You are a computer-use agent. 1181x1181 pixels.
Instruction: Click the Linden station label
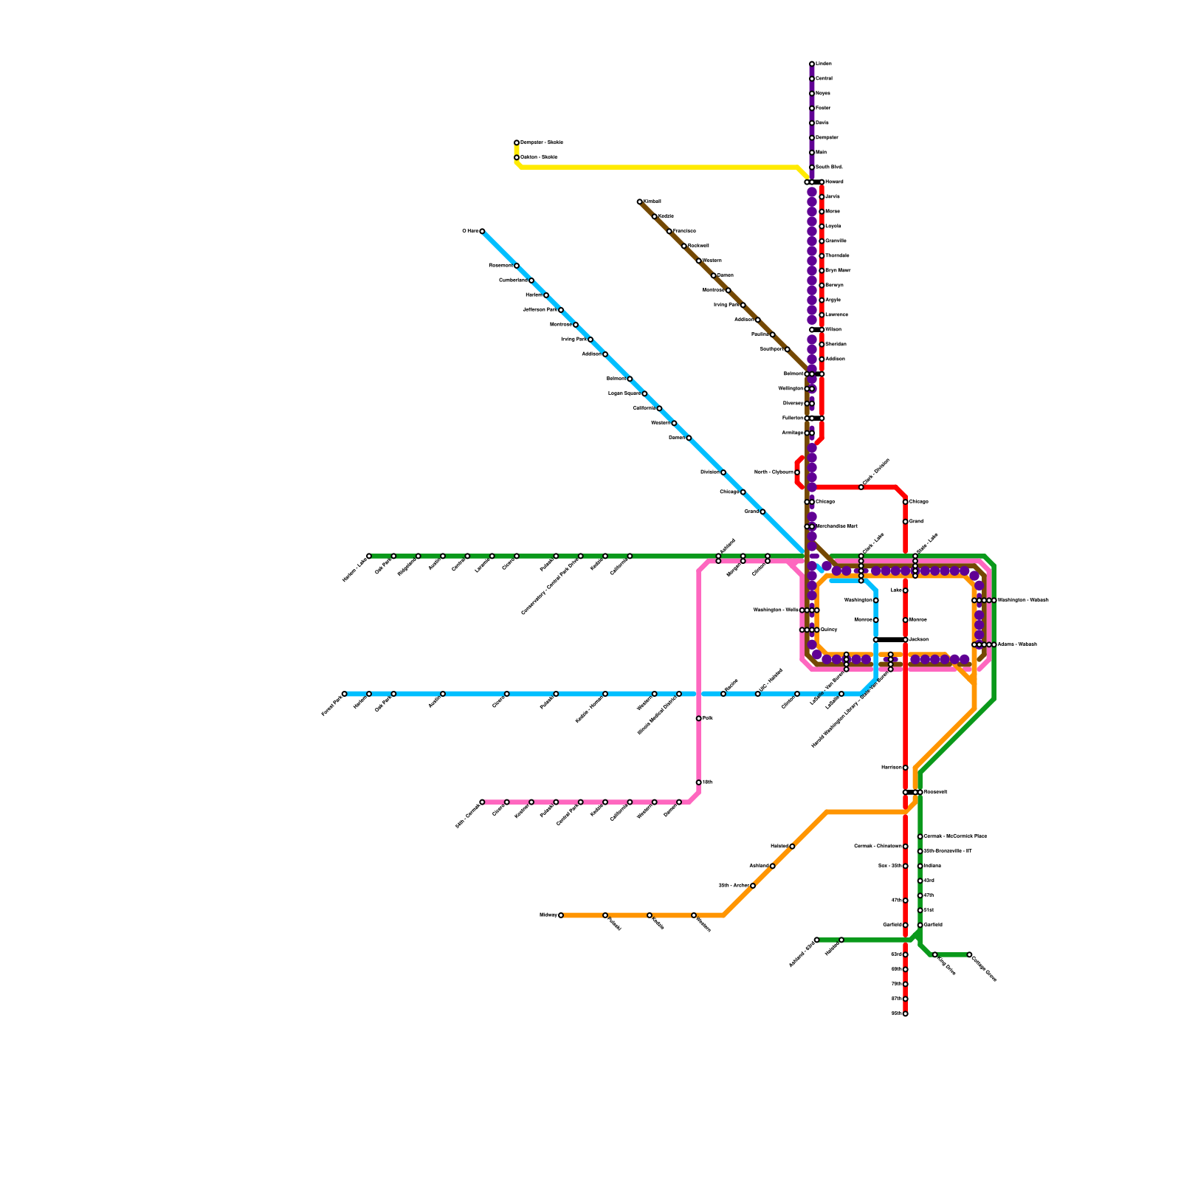click(x=823, y=64)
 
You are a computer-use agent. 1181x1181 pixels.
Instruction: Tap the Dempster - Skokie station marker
click(x=517, y=142)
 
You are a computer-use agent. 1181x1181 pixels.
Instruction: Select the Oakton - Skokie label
click(x=539, y=157)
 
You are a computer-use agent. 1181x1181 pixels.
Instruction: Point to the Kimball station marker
click(x=640, y=202)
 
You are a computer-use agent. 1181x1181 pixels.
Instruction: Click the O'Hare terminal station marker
click(x=482, y=231)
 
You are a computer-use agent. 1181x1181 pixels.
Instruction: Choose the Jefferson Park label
click(x=539, y=310)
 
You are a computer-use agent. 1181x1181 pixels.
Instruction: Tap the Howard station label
click(x=834, y=182)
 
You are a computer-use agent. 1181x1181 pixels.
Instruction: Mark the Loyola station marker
click(x=822, y=227)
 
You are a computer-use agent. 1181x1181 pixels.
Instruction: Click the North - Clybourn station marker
click(x=797, y=472)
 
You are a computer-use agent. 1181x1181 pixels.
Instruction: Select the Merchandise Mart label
click(x=836, y=526)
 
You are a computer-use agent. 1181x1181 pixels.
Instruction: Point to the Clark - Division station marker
click(x=861, y=487)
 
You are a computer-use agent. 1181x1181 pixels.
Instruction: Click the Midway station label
click(x=548, y=915)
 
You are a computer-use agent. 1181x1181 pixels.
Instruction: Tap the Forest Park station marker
click(x=345, y=694)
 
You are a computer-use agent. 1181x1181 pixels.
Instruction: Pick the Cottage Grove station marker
click(x=969, y=954)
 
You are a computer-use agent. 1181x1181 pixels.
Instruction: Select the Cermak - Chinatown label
click(x=878, y=846)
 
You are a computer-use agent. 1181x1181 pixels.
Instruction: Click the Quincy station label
click(x=829, y=630)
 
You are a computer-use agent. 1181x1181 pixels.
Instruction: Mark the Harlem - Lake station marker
click(x=369, y=556)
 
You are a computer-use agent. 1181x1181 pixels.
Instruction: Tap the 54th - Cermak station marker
click(x=482, y=802)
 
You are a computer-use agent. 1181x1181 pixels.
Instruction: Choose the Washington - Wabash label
click(x=1023, y=600)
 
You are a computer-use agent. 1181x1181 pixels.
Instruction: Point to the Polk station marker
click(x=699, y=718)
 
